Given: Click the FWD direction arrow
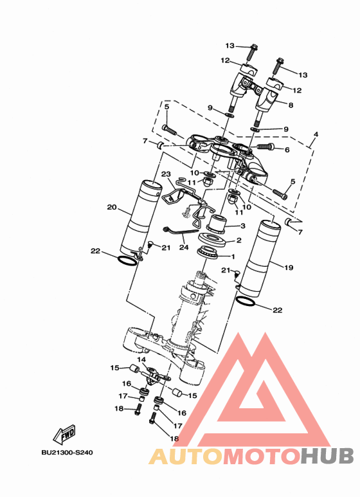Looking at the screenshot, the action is pos(64,435).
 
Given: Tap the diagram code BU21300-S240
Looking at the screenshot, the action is pos(67,452).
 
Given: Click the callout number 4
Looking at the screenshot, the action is pos(316,134).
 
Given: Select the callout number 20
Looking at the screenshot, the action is pos(112,207).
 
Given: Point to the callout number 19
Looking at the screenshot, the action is pos(289,267).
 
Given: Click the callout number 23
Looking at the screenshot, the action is pos(166,174).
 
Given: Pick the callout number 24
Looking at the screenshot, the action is pos(184,247).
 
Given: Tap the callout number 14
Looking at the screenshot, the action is pos(141,359).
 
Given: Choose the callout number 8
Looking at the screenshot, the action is pos(291,105).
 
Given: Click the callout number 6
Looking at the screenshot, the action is pos(287,150).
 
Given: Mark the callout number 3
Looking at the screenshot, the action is pos(243,226).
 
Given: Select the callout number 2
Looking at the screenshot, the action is pos(239,240).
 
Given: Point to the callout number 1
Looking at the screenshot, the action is pos(233,257).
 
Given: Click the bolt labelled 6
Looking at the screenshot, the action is pos(265,146).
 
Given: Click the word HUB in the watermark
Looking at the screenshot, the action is pos(327,456).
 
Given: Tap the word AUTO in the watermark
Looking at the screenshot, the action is pos(186,456).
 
